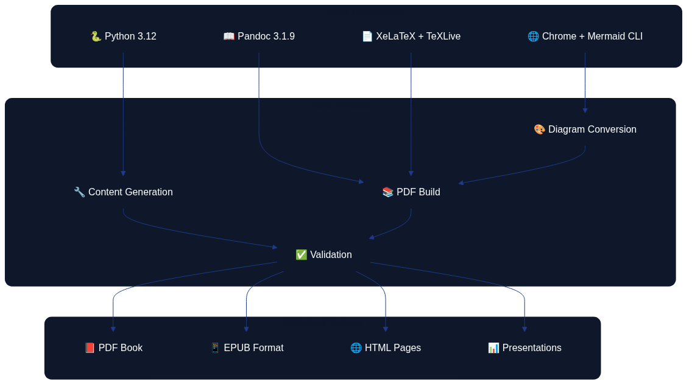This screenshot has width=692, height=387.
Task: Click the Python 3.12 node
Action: pyautogui.click(x=123, y=37)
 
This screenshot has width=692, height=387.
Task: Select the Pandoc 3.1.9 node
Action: pyautogui.click(x=259, y=37)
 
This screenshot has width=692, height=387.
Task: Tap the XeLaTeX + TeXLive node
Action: pyautogui.click(x=411, y=37)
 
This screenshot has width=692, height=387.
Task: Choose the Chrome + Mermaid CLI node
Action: pyautogui.click(x=585, y=37)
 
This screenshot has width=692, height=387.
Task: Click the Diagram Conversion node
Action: pyautogui.click(x=585, y=130)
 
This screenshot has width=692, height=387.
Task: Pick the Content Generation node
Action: pyautogui.click(x=123, y=192)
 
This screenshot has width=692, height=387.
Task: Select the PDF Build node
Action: pyautogui.click(x=411, y=192)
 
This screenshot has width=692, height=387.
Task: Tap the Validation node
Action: pyautogui.click(x=323, y=255)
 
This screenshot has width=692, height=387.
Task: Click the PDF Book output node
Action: pyautogui.click(x=113, y=348)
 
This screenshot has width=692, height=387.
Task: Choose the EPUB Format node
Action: pyautogui.click(x=246, y=348)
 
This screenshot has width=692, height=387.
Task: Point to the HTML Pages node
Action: pyautogui.click(x=386, y=348)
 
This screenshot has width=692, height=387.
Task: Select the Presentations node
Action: pyautogui.click(x=524, y=348)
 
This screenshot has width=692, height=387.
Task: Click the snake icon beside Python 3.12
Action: pyautogui.click(x=96, y=37)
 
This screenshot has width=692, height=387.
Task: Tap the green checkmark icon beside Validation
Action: pyautogui.click(x=301, y=255)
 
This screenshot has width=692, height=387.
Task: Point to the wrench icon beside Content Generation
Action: pyautogui.click(x=79, y=192)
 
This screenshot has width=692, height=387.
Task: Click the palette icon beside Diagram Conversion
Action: pyautogui.click(x=539, y=130)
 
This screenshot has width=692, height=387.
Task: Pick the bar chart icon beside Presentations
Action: pyautogui.click(x=493, y=348)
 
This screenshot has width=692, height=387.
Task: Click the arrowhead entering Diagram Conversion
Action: pyautogui.click(x=585, y=111)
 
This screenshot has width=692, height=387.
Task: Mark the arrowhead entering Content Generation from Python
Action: pyautogui.click(x=123, y=173)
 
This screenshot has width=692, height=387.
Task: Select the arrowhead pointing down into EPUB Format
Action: pyautogui.click(x=246, y=329)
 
